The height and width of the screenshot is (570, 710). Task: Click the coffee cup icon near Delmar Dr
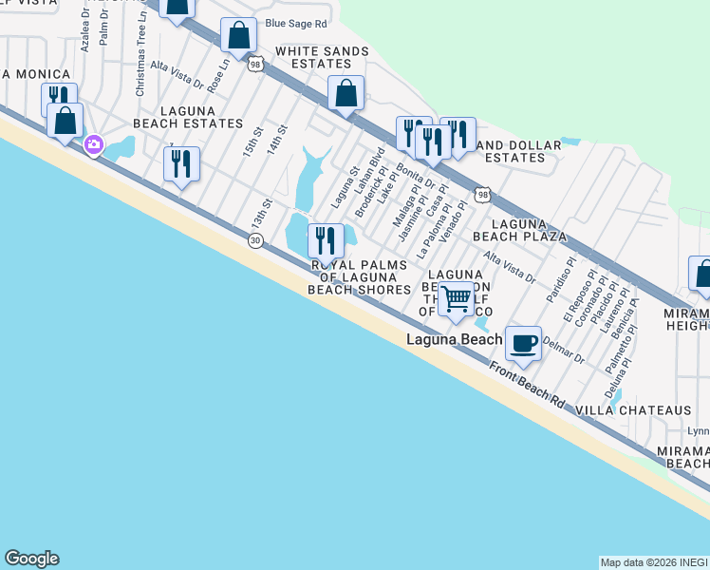coord(523,343)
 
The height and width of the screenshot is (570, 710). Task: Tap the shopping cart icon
coord(457,298)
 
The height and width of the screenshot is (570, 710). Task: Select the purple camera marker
coord(94,145)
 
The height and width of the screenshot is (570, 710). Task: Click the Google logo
coord(31,559)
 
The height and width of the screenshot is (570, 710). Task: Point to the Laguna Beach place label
coord(454,339)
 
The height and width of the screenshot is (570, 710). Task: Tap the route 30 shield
coord(255,241)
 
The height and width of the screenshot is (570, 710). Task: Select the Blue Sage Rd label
coord(296,23)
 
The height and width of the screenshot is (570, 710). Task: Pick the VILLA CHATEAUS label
coord(634,409)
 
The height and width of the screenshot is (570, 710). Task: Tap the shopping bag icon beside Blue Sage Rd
coord(239,37)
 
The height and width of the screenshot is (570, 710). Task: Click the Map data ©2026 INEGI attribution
coord(653,562)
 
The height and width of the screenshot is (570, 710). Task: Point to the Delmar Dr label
coord(566,352)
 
